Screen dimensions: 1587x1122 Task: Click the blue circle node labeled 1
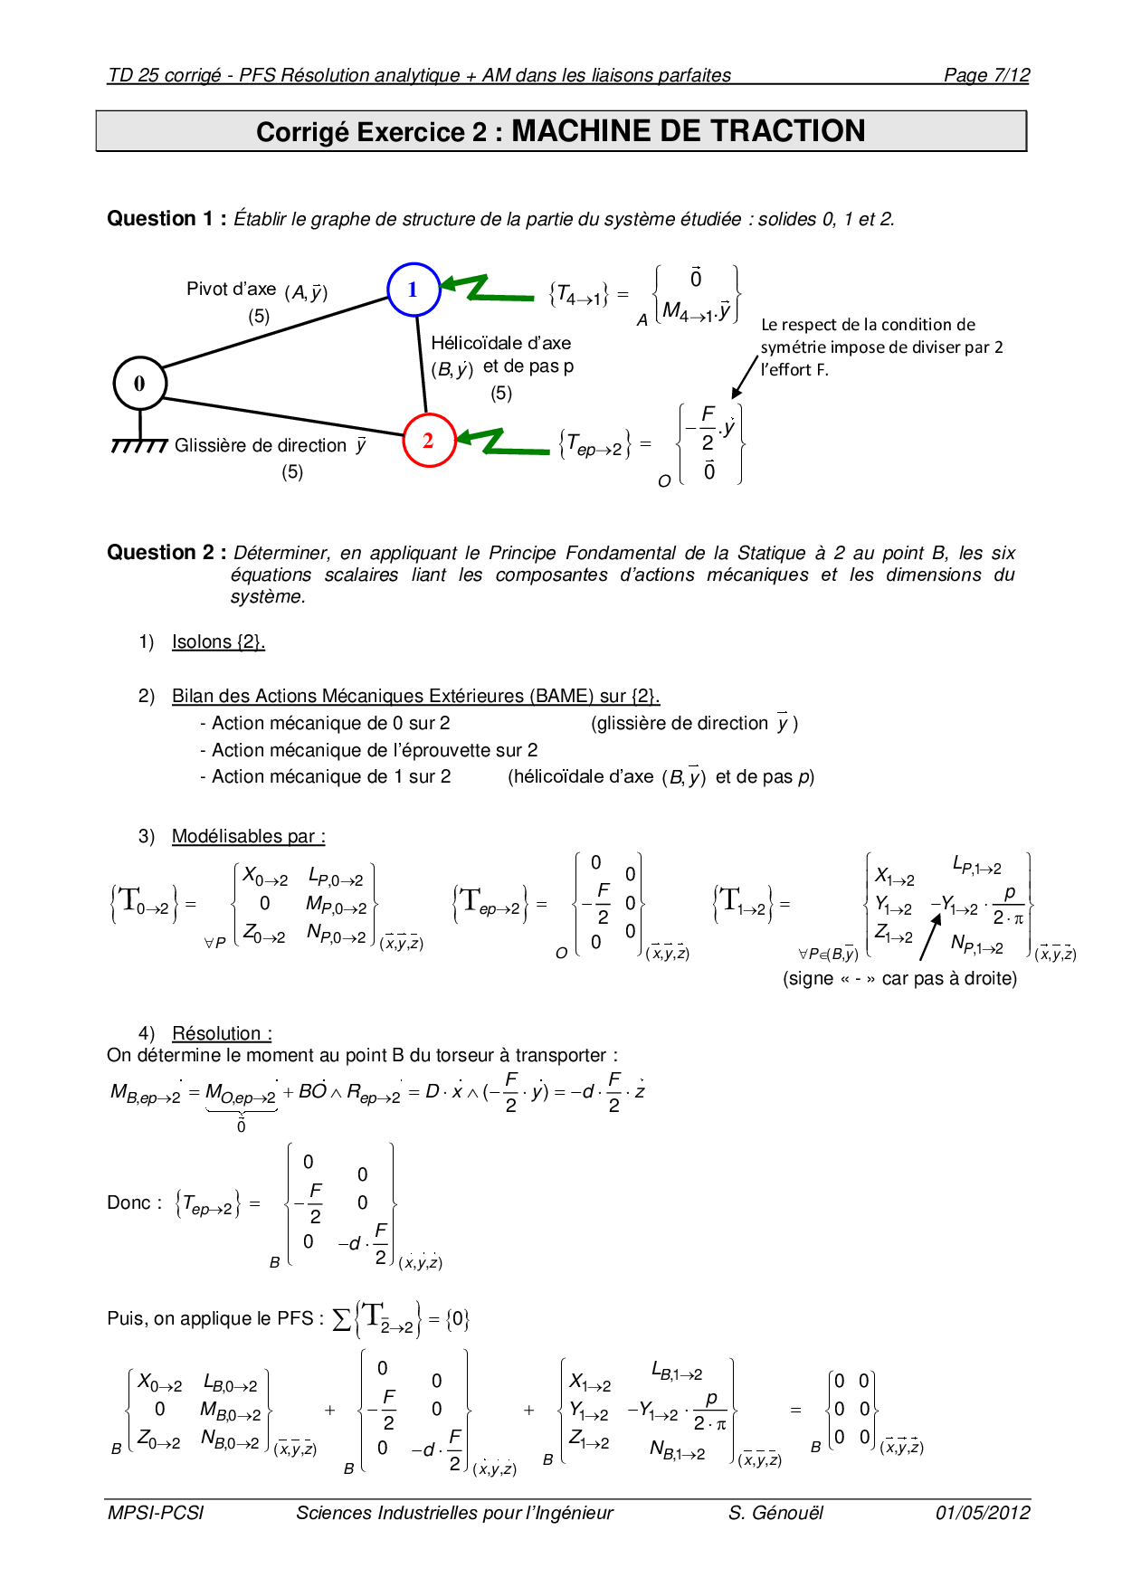pyautogui.click(x=414, y=290)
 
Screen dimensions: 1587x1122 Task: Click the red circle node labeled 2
pyautogui.click(x=428, y=441)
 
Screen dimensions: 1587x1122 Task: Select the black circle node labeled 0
pyautogui.click(x=139, y=383)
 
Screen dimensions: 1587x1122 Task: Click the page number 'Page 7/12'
pyautogui.click(x=986, y=75)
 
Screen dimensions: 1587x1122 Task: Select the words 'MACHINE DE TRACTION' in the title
pyautogui.click(x=688, y=131)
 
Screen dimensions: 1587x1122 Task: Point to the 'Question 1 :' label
pyautogui.click(x=166, y=219)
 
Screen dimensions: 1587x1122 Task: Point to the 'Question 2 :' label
pyautogui.click(x=166, y=553)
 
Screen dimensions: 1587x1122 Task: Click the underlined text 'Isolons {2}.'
pyautogui.click(x=218, y=641)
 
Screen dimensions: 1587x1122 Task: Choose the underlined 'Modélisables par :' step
pyautogui.click(x=248, y=836)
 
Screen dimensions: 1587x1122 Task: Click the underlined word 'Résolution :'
pyautogui.click(x=222, y=1033)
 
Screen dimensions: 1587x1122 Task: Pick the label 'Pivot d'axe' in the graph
pyautogui.click(x=231, y=289)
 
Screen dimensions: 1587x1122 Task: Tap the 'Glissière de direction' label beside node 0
pyautogui.click(x=261, y=445)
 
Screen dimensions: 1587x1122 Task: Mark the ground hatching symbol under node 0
pyautogui.click(x=138, y=445)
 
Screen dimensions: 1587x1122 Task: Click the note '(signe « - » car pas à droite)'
pyautogui.click(x=899, y=978)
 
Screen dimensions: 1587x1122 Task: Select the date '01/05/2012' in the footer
pyautogui.click(x=983, y=1513)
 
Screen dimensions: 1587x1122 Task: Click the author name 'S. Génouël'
pyautogui.click(x=775, y=1513)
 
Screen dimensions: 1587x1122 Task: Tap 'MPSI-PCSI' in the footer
pyautogui.click(x=156, y=1513)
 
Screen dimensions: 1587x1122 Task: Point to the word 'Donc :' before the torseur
pyautogui.click(x=134, y=1202)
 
